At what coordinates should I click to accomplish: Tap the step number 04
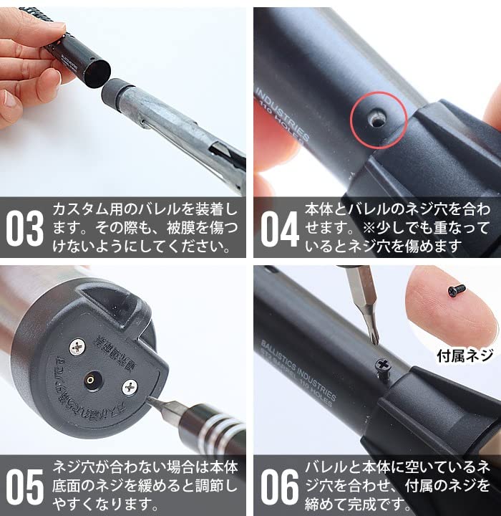pos(279,229)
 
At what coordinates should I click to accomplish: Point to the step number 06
pos(279,487)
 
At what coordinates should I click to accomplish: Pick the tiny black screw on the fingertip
pos(456,290)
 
